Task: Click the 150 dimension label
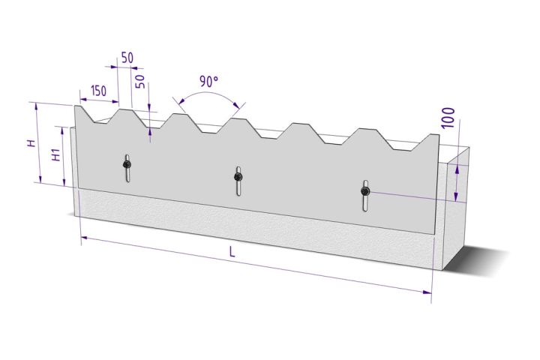point(97,91)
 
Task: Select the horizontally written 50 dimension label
point(127,58)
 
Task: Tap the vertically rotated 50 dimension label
point(140,80)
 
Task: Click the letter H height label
point(31,142)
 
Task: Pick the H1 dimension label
point(55,155)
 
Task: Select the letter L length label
point(232,253)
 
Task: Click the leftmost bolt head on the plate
point(127,163)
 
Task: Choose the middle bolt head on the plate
point(238,177)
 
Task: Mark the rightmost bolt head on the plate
point(364,192)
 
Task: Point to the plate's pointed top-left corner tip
point(76,106)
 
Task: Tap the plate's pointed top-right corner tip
point(437,136)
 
